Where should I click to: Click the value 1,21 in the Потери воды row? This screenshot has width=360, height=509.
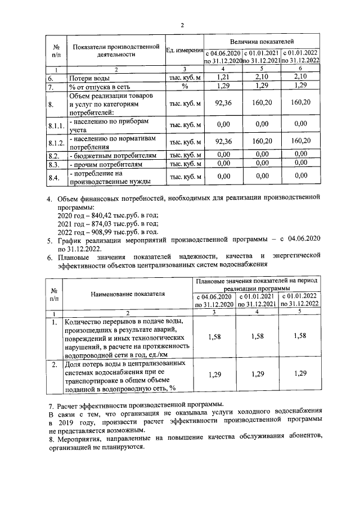pyautogui.click(x=223, y=76)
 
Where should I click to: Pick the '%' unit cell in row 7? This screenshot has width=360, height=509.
pyautogui.click(x=184, y=87)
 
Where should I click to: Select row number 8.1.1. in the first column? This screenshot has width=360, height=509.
pyautogui.click(x=56, y=124)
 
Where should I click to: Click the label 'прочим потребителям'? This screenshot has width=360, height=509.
pyautogui.click(x=105, y=165)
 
